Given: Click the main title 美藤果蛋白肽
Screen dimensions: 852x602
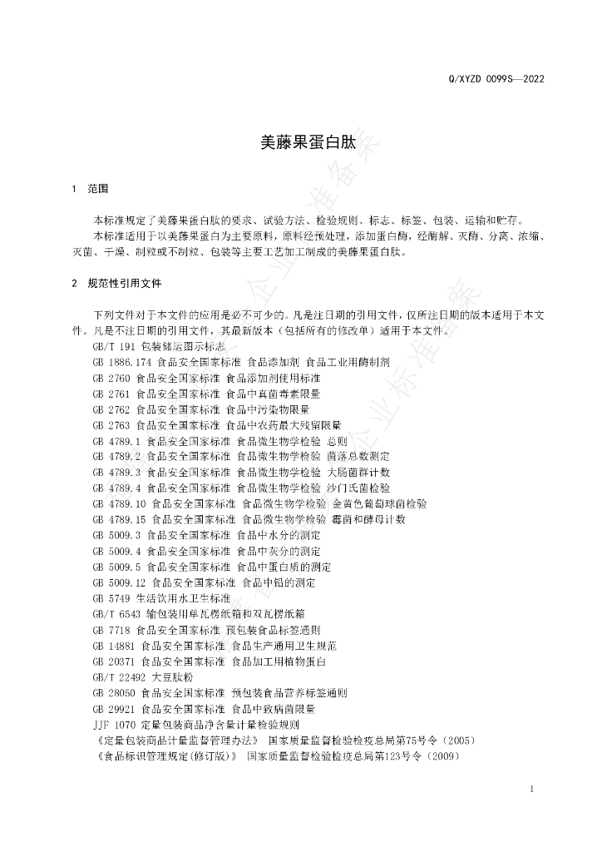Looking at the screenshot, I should (308, 143).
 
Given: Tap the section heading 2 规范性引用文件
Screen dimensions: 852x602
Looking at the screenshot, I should (116, 283).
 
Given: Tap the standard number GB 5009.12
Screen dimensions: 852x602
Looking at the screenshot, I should (120, 583).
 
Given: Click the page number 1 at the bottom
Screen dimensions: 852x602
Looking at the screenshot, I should (531, 788).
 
